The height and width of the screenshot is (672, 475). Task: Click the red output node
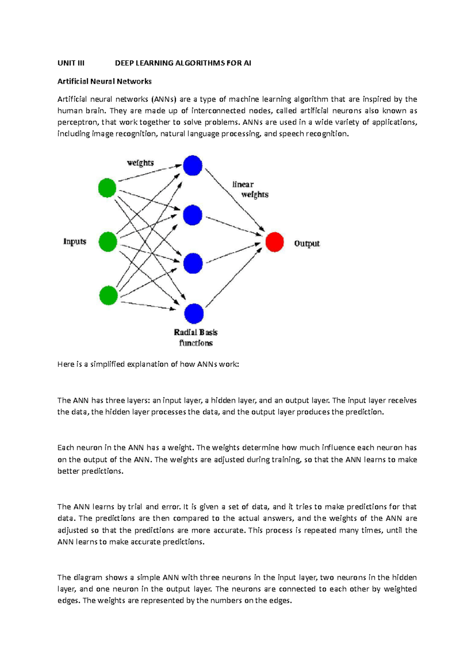point(274,242)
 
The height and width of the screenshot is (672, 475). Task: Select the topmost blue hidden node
point(193,165)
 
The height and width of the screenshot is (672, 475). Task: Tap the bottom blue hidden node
point(194,314)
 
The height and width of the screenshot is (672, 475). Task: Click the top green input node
point(107,188)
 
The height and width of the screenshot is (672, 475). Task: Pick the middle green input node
point(108,242)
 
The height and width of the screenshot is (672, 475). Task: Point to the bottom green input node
point(108,295)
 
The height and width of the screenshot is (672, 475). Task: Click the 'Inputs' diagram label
point(75,241)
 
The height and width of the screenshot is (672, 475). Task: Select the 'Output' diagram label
point(307,243)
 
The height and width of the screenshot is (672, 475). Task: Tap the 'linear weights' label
point(249,190)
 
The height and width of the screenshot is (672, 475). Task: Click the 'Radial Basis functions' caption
point(196,338)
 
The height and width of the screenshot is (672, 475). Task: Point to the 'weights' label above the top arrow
point(140,163)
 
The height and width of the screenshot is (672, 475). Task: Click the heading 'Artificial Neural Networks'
point(104,82)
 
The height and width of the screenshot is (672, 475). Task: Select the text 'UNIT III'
point(71,63)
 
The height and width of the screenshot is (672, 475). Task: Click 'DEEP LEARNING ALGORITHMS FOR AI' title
point(183,63)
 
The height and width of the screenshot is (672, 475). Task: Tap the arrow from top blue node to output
point(234,200)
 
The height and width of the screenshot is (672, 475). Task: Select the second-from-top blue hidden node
point(193,215)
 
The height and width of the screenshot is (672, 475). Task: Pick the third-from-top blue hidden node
point(193,264)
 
